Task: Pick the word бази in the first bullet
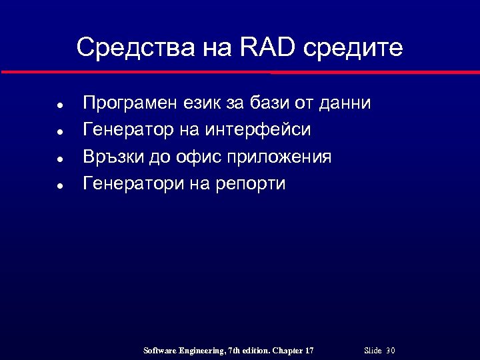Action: click(270, 103)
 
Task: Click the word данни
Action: click(345, 103)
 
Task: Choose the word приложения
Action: click(279, 157)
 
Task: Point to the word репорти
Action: click(251, 184)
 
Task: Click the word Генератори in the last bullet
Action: click(131, 183)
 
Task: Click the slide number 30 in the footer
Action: click(391, 351)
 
